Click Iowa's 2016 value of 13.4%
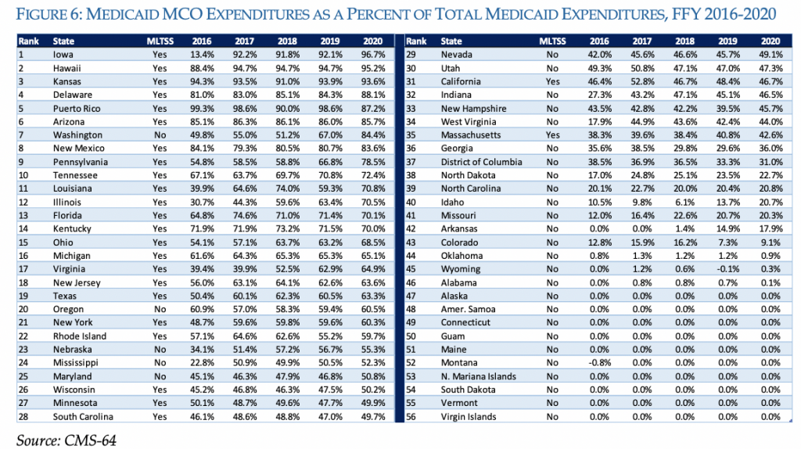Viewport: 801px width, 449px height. (x=202, y=55)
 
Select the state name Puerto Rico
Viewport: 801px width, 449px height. (x=77, y=108)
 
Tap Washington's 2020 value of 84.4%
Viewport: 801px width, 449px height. (x=373, y=135)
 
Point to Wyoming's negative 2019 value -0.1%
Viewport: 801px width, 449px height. (x=727, y=269)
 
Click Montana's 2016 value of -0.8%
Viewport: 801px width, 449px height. (x=598, y=363)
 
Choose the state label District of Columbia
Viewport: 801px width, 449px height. (x=481, y=162)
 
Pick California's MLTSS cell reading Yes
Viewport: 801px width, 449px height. (x=552, y=81)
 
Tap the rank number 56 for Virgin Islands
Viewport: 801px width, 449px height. (x=411, y=416)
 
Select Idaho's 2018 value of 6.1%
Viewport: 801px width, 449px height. (x=684, y=203)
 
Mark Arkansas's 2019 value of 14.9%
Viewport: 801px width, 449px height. (x=727, y=229)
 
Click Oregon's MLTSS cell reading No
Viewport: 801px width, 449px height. (x=160, y=309)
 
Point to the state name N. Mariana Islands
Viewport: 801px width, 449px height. (x=478, y=376)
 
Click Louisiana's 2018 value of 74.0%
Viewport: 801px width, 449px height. (x=288, y=189)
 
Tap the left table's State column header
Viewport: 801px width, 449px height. (x=63, y=41)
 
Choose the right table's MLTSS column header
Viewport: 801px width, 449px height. (x=552, y=41)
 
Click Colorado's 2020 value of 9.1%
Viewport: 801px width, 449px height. (x=770, y=242)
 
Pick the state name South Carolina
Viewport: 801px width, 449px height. (x=83, y=416)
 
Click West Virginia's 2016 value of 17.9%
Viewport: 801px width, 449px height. (x=598, y=121)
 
